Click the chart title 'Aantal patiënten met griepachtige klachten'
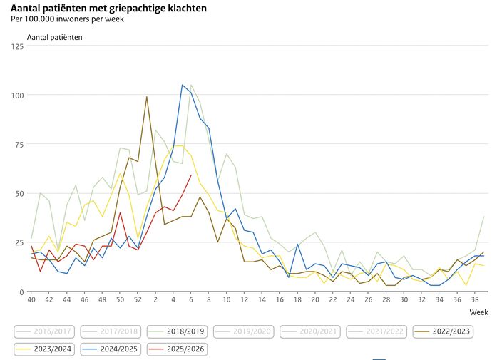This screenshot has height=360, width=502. point(109,8)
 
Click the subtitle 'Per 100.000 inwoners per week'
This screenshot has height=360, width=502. point(68,19)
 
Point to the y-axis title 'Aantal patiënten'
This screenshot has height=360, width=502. point(54,36)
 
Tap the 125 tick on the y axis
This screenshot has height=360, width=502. point(16,46)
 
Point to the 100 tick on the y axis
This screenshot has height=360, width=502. point(16,96)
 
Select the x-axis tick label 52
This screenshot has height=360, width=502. point(138,301)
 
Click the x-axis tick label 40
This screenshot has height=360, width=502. point(31,301)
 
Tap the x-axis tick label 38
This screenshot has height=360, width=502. point(475,301)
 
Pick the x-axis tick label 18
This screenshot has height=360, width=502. point(297,301)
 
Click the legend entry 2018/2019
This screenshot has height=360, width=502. point(180,331)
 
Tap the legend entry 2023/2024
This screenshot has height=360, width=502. point(43,350)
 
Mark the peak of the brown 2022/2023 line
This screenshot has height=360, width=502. point(147,97)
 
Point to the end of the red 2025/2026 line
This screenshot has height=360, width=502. point(191,175)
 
